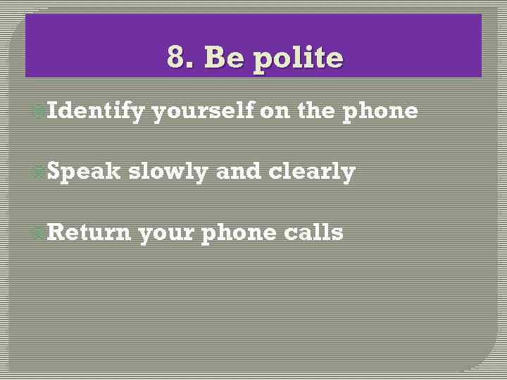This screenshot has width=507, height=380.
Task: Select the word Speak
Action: [84, 172]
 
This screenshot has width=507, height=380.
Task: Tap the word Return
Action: [89, 232]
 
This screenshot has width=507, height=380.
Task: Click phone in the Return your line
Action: [239, 233]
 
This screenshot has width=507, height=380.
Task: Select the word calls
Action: [314, 232]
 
